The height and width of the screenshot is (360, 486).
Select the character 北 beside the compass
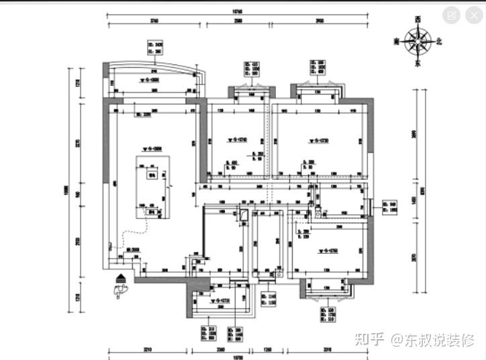(440, 42)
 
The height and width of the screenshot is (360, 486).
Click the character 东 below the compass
(417, 64)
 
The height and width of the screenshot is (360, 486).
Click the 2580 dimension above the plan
(238, 21)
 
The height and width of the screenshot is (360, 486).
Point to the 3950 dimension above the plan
(320, 21)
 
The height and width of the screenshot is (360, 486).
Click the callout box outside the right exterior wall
(389, 206)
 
